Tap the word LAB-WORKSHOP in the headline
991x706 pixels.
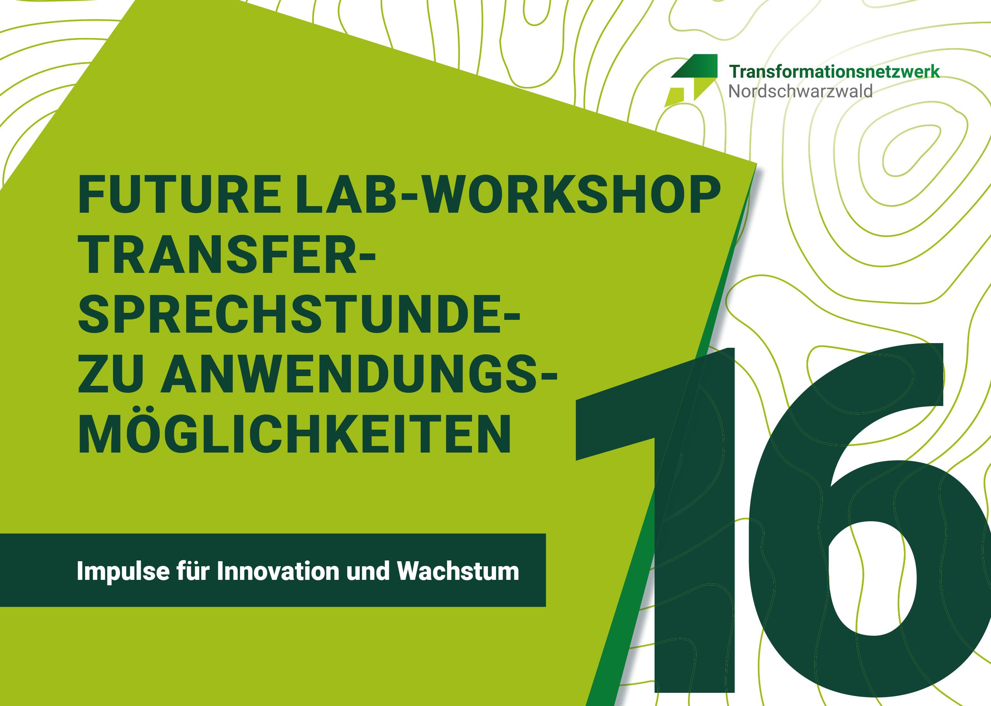click(508, 194)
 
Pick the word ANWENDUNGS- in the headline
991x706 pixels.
click(359, 373)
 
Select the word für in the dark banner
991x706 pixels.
click(193, 571)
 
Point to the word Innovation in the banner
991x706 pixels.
click(277, 571)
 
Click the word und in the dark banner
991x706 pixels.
click(367, 571)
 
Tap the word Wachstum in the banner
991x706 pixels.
click(458, 571)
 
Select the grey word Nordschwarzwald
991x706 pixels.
click(801, 91)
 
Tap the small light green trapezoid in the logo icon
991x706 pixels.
click(674, 97)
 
